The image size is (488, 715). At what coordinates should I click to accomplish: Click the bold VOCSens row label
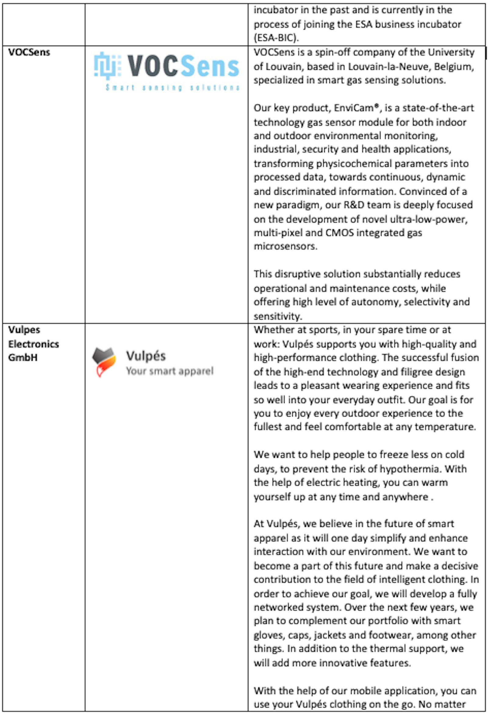[x=29, y=52]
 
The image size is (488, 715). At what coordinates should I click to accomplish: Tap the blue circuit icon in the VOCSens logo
[x=105, y=66]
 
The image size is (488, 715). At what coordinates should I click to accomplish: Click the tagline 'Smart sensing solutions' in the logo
[x=172, y=88]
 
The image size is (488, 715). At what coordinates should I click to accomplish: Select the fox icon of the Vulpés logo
[x=104, y=362]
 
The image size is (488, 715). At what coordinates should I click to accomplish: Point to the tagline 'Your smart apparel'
[x=170, y=371]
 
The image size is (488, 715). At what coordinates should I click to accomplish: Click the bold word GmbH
[x=23, y=357]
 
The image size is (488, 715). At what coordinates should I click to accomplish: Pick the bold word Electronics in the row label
[x=34, y=344]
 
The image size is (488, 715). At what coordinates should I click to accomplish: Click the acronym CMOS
[x=340, y=233]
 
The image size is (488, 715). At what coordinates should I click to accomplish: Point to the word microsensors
[x=285, y=246]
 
